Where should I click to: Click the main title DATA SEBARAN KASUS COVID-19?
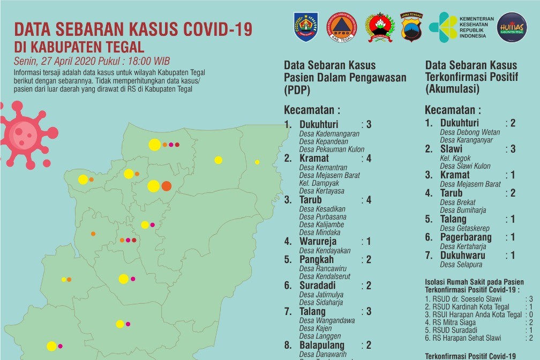[x=133, y=29]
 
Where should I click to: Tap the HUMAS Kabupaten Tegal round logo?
[x=512, y=27]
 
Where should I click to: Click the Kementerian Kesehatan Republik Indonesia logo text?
[x=476, y=27]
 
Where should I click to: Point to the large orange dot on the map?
[x=166, y=186]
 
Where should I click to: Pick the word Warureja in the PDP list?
[x=318, y=242]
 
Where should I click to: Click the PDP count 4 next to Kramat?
[x=369, y=158]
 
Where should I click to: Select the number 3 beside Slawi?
[x=513, y=149]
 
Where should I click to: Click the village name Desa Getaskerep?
[x=464, y=228]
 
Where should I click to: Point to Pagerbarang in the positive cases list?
[x=466, y=237]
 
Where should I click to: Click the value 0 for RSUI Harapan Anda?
[x=530, y=315]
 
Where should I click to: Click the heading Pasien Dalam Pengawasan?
[x=345, y=78]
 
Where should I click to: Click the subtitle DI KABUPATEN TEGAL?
[x=79, y=47]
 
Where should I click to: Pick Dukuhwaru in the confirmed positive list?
[x=463, y=256]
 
